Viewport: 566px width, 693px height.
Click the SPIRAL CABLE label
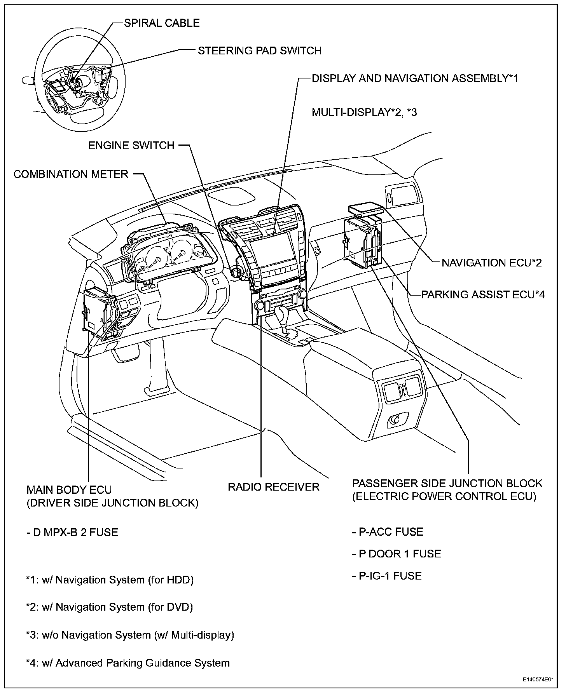(162, 23)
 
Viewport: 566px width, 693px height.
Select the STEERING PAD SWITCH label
(260, 50)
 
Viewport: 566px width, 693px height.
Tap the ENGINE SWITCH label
(131, 145)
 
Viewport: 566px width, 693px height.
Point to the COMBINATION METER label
(71, 174)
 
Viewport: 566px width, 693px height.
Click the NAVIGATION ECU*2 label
(492, 263)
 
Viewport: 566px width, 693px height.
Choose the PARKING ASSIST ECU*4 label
(483, 294)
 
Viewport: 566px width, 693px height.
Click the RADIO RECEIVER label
(273, 487)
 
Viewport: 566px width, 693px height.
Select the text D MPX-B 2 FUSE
(72, 532)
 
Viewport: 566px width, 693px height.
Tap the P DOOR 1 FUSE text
(397, 554)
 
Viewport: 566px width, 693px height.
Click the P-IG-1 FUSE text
(387, 576)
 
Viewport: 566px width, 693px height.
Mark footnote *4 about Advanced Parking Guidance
(128, 663)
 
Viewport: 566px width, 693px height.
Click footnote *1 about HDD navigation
(110, 580)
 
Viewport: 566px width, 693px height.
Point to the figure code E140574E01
(538, 680)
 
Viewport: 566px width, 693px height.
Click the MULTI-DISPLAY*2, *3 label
(364, 112)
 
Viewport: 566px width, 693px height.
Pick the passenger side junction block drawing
(362, 241)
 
